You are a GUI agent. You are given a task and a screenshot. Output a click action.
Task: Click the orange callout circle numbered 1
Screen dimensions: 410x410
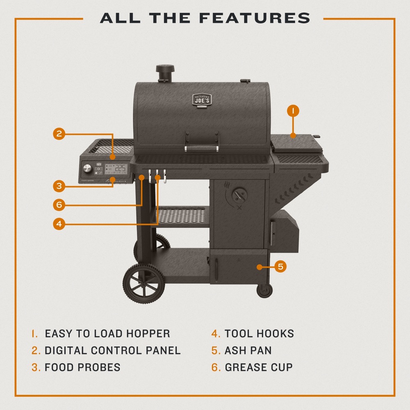tap(293, 111)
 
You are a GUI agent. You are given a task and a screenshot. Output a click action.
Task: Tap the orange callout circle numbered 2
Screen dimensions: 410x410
tap(59, 134)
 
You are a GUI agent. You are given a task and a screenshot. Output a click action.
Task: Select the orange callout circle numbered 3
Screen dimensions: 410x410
tap(59, 186)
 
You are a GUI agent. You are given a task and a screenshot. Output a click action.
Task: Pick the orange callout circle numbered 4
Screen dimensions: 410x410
tap(59, 224)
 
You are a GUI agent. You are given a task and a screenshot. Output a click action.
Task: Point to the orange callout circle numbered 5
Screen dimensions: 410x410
tap(280, 267)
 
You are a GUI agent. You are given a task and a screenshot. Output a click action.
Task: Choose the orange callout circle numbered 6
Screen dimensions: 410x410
tap(59, 204)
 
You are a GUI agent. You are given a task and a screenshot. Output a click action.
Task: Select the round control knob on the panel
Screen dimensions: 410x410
tap(87, 169)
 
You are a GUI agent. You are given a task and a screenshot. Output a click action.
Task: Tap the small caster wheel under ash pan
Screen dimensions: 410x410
tap(264, 290)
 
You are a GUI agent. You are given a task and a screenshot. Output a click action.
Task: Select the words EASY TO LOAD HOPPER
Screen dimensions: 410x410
tap(107, 334)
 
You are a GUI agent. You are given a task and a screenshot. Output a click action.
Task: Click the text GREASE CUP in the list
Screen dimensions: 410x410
tap(259, 367)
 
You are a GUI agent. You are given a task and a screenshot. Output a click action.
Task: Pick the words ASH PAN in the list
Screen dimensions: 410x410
tap(248, 351)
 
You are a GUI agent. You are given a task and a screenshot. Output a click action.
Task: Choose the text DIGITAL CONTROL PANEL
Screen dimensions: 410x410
tap(112, 351)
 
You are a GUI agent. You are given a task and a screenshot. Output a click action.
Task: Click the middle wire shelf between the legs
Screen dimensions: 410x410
tap(182, 216)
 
